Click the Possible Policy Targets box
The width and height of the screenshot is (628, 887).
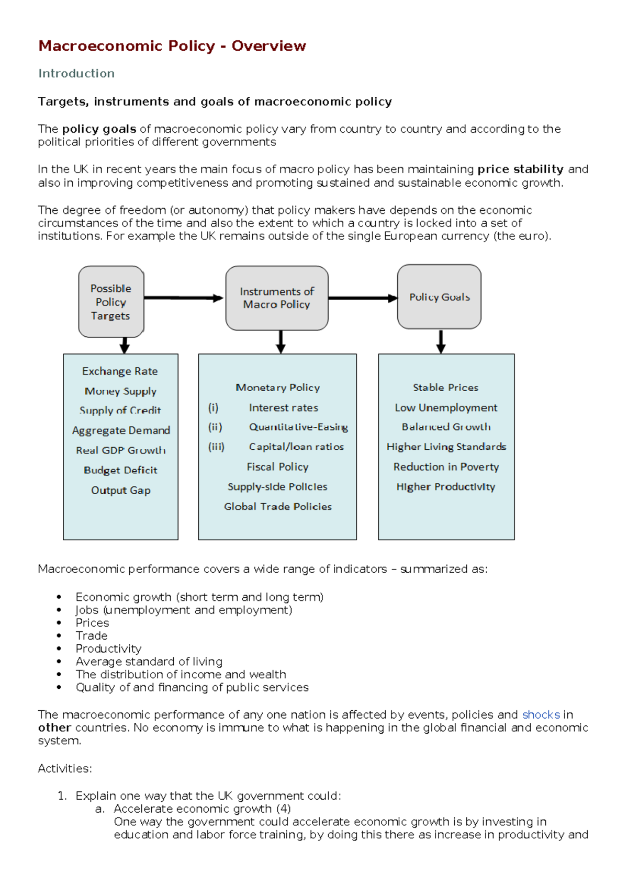point(111,302)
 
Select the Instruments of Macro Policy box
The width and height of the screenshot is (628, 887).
point(277,298)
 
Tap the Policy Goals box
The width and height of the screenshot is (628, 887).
point(439,297)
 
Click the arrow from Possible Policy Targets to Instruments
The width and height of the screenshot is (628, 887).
point(183,298)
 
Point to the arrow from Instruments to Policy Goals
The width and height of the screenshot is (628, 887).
point(362,298)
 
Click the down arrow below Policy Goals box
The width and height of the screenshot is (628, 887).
point(441,342)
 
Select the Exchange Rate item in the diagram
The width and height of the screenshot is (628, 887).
point(120,371)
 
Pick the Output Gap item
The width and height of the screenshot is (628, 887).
point(120,491)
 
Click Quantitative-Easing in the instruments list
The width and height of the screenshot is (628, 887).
point(298,427)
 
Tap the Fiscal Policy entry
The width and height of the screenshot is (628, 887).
point(277,467)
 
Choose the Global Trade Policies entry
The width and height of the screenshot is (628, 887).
point(277,506)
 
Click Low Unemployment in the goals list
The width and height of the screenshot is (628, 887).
point(446,407)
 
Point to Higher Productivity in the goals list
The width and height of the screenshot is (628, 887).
point(445,487)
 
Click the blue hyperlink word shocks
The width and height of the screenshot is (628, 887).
point(541,715)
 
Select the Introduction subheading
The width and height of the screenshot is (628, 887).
point(76,74)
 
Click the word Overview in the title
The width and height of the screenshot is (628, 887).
point(268,46)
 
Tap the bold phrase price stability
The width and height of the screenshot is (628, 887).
point(520,169)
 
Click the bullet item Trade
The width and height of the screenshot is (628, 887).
point(92,636)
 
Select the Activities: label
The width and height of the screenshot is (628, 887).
point(65,768)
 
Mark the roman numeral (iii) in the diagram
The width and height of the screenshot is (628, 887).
point(216,447)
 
